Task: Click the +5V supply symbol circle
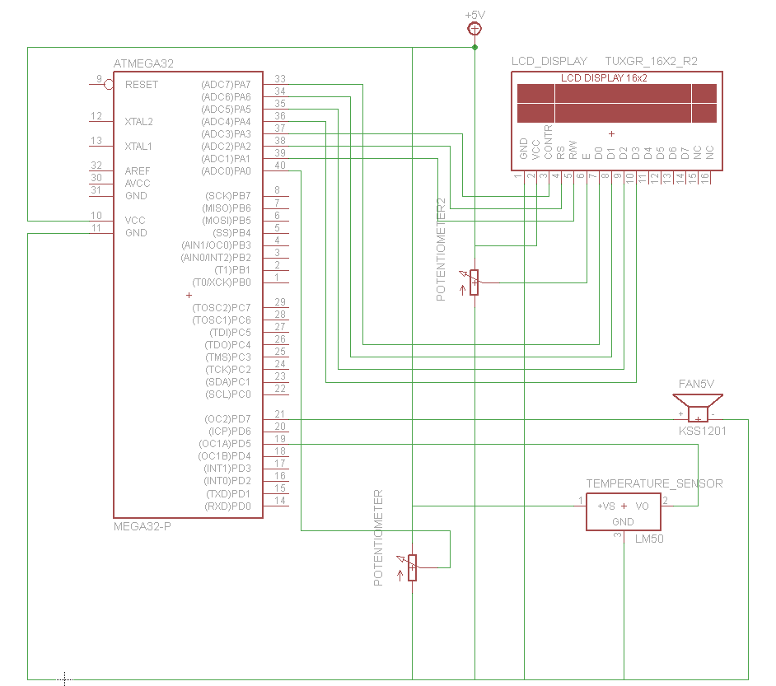[474, 29]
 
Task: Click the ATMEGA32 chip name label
[143, 63]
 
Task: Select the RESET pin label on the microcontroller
[142, 85]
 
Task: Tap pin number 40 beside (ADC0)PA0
[280, 166]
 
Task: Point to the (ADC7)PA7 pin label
[226, 85]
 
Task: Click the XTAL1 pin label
[138, 147]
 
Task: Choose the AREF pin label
[138, 171]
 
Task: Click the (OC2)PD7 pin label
[227, 419]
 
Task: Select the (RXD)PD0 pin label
[227, 506]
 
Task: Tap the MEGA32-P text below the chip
[143, 526]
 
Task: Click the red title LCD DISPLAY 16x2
[604, 78]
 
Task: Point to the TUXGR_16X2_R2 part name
[652, 61]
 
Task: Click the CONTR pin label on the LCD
[548, 142]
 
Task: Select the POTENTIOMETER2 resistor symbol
[474, 282]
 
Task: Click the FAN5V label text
[696, 384]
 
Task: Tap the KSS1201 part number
[702, 431]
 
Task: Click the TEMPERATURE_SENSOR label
[655, 483]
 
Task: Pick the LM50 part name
[649, 539]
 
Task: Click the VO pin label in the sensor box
[642, 506]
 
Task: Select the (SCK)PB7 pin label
[228, 196]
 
